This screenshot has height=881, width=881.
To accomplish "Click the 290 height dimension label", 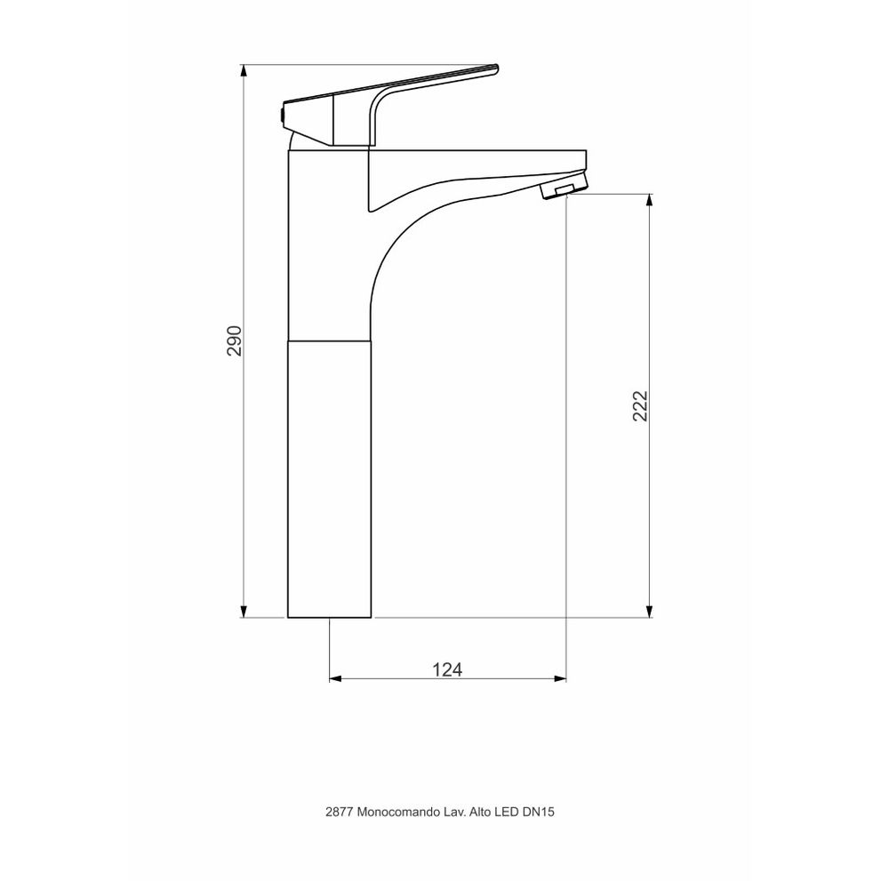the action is tap(234, 340).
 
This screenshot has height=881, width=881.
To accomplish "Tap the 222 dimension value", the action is tap(640, 405).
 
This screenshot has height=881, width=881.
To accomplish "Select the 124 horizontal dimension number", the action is tap(447, 669).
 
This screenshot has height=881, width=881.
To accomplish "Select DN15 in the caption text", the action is tap(538, 812).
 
